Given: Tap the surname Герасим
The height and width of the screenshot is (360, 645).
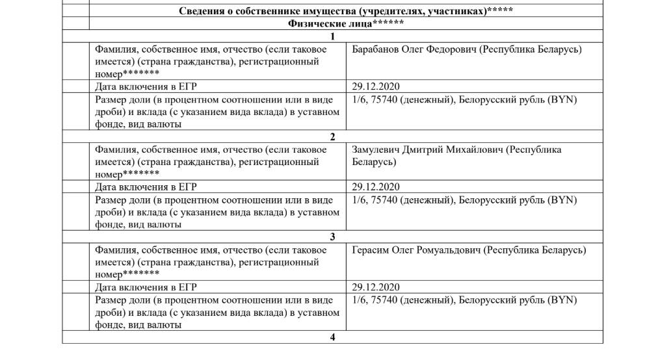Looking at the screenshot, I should pyautogui.click(x=370, y=251).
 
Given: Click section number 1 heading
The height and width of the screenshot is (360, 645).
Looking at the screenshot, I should pyautogui.click(x=333, y=36).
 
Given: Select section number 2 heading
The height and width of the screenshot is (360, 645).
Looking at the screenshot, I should pyautogui.click(x=333, y=137).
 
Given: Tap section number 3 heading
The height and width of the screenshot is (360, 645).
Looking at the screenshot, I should pyautogui.click(x=333, y=237).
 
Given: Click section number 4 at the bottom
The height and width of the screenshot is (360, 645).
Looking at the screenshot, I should pyautogui.click(x=333, y=337).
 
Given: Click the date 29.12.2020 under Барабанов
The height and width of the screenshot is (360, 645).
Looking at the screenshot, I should pyautogui.click(x=376, y=86).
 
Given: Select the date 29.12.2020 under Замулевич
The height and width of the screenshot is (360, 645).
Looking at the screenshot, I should pyautogui.click(x=376, y=187).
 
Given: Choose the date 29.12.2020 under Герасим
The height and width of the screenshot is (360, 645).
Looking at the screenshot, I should pyautogui.click(x=376, y=287).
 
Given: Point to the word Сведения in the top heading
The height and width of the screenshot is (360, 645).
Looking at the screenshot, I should pyautogui.click(x=202, y=11).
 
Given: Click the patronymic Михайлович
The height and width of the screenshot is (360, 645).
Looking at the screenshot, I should pyautogui.click(x=478, y=150).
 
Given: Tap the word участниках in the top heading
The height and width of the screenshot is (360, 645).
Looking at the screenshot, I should pyautogui.click(x=453, y=11).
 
